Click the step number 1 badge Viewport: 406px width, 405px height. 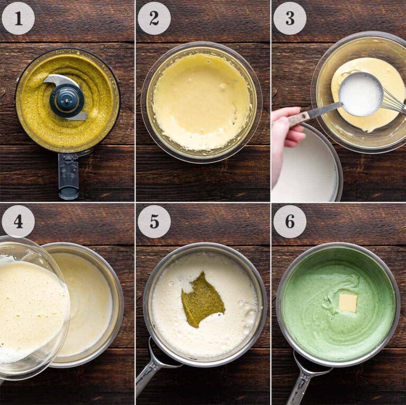point(18,18)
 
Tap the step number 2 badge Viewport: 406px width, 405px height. point(154,18)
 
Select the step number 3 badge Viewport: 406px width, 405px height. point(290,18)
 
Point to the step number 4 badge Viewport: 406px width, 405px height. point(18,221)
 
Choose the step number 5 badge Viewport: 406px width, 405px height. point(154,221)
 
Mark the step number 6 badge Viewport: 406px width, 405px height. point(290,221)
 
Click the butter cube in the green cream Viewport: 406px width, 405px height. point(347,303)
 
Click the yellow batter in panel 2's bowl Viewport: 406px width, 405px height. point(201,100)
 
